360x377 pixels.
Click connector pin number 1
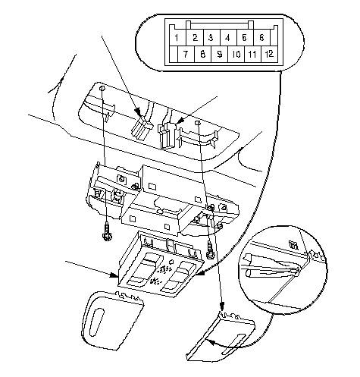pyautogui.click(x=177, y=38)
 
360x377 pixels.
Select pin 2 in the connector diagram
pyautogui.click(x=195, y=38)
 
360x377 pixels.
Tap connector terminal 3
pyautogui.click(x=211, y=38)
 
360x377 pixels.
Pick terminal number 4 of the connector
pyautogui.click(x=228, y=38)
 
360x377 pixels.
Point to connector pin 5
pyautogui.click(x=245, y=38)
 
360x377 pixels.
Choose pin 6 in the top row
pyautogui.click(x=261, y=38)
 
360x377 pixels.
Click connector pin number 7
pyautogui.click(x=186, y=54)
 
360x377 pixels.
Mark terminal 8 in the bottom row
pyautogui.click(x=202, y=54)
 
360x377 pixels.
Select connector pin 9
pyautogui.click(x=220, y=54)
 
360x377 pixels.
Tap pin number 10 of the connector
pyautogui.click(x=236, y=54)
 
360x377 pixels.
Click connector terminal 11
pyautogui.click(x=252, y=54)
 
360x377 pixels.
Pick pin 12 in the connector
pyautogui.click(x=270, y=54)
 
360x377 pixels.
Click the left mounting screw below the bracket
pyautogui.click(x=108, y=231)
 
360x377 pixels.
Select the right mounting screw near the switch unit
pyautogui.click(x=210, y=250)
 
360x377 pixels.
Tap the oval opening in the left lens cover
pyautogui.click(x=97, y=322)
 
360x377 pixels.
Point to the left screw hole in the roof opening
pyautogui.click(x=102, y=89)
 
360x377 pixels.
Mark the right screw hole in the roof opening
pyautogui.click(x=198, y=123)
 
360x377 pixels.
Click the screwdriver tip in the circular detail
pyautogui.click(x=299, y=272)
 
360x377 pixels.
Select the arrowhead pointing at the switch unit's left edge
pyautogui.click(x=114, y=275)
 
